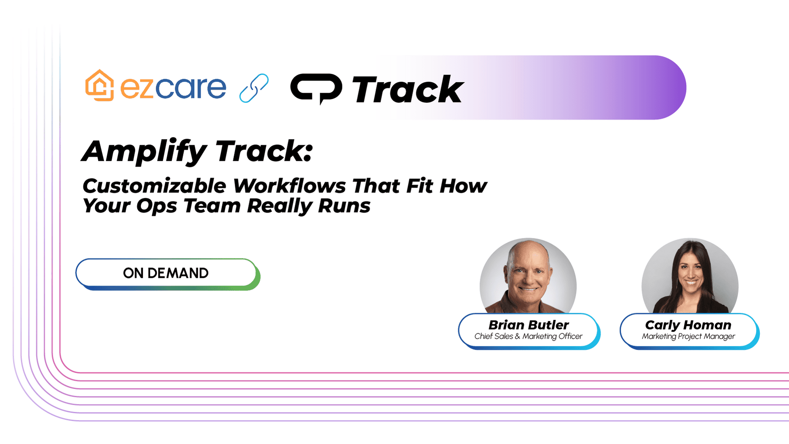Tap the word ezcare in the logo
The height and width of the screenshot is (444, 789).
coord(173,88)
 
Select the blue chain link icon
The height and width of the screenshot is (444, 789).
coord(254,88)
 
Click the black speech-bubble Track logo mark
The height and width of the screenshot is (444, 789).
coord(316,88)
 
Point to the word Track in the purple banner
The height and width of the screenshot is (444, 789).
coord(408,90)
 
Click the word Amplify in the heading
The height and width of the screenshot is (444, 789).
coord(144,152)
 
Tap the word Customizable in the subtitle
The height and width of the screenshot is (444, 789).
coord(154,186)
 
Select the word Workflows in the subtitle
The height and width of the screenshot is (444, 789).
coord(290,186)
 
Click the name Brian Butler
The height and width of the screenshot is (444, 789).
coord(528,325)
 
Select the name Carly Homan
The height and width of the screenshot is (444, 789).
coord(688,325)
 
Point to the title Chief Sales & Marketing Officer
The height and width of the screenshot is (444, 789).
coord(528,336)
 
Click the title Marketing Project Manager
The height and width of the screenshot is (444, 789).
coord(689,336)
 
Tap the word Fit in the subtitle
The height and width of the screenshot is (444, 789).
coord(420,186)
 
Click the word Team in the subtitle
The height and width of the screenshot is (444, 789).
coord(212,206)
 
